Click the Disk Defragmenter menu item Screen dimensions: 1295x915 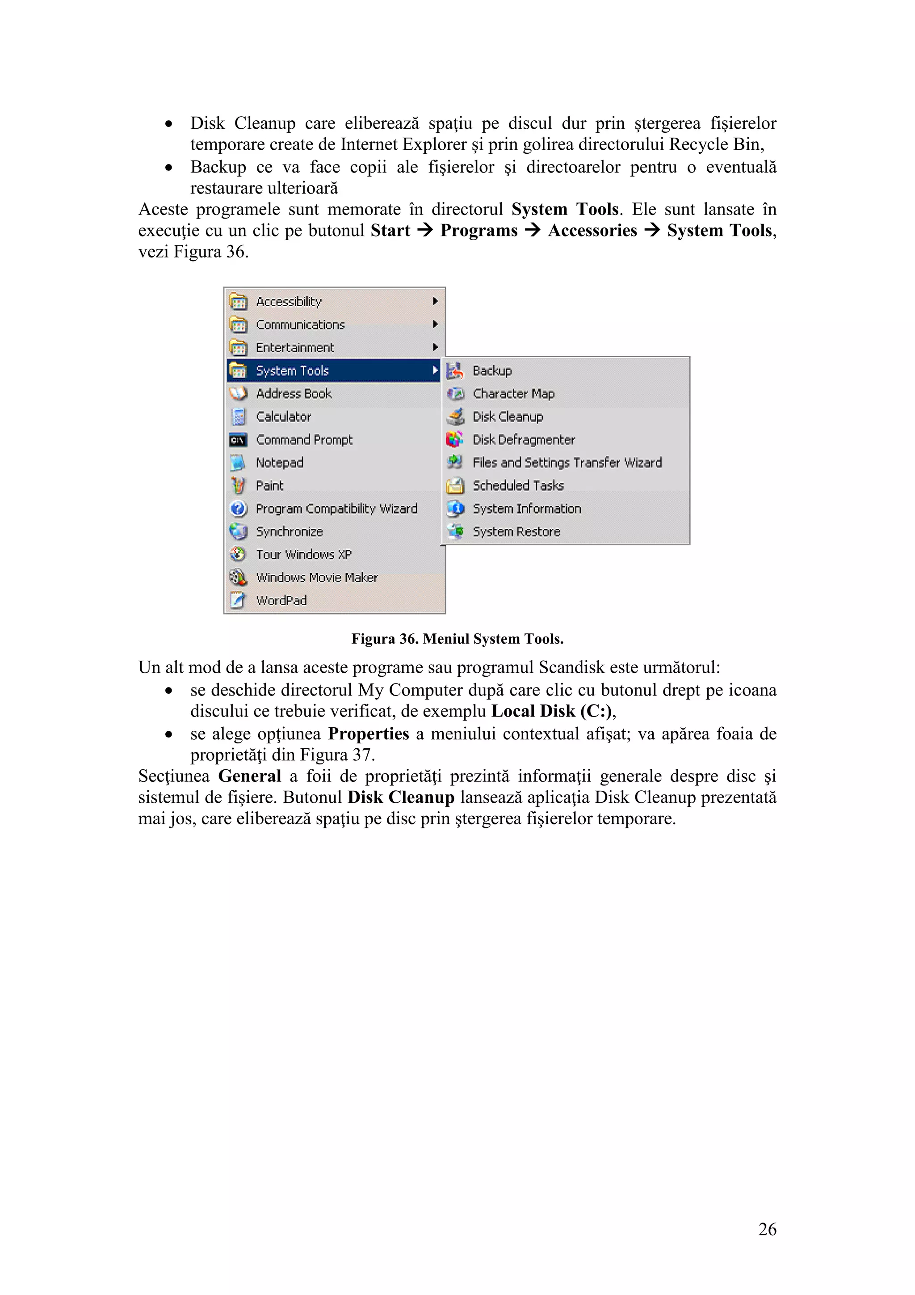523,439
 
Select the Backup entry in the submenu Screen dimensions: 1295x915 491,371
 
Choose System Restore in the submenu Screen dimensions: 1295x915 516,531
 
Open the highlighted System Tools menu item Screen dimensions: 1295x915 292,371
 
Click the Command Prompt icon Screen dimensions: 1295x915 238,440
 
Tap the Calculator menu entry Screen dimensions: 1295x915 283,417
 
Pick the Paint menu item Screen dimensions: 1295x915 269,485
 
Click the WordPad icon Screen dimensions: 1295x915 238,600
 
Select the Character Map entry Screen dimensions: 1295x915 513,394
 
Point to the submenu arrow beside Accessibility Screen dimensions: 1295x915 435,301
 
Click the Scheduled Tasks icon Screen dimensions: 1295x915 455,485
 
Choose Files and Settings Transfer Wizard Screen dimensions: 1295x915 567,463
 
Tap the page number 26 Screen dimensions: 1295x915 767,1229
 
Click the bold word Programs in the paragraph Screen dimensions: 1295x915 478,231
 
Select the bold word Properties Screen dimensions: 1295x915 368,734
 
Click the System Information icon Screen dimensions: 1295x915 455,509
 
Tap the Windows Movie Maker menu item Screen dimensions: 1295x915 316,578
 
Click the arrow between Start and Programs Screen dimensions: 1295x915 424,231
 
